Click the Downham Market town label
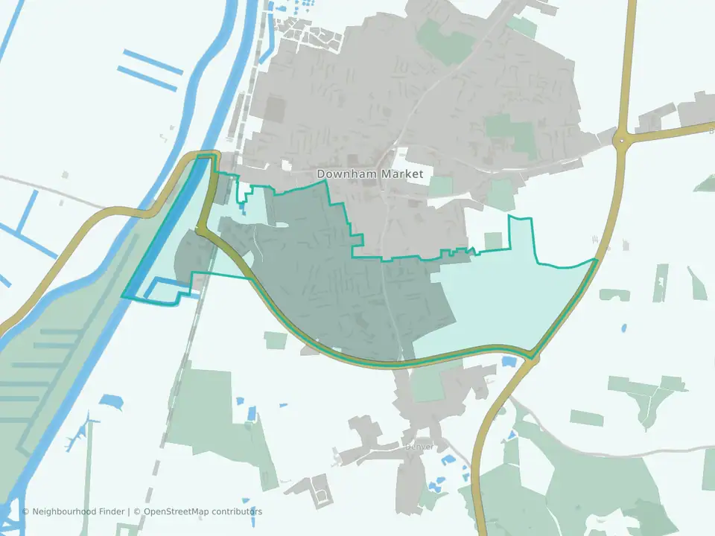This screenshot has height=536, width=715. (369, 174)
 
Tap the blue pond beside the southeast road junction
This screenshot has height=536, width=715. (509, 361)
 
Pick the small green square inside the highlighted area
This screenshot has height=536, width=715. (493, 240)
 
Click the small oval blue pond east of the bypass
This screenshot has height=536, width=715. (623, 327)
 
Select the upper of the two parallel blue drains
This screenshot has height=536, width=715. (153, 61)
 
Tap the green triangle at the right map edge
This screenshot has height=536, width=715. (705, 182)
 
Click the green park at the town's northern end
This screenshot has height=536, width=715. (445, 41)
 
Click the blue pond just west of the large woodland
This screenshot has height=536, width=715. (111, 402)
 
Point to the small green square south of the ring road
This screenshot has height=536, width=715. (275, 340)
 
